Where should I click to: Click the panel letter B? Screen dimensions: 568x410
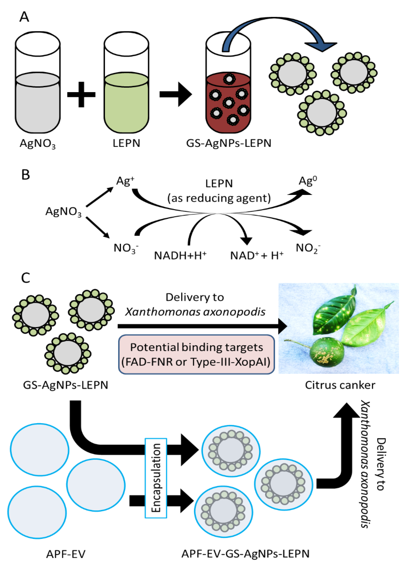(25, 175)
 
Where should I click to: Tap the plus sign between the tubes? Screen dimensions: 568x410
(81, 94)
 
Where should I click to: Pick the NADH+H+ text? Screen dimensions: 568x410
(180, 255)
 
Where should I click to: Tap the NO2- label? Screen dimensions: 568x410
(308, 248)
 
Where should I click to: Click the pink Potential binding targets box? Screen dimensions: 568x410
(196, 354)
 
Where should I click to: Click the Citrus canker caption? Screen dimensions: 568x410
(340, 385)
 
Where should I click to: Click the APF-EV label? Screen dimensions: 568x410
(66, 554)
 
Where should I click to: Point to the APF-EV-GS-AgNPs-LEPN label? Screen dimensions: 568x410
(245, 553)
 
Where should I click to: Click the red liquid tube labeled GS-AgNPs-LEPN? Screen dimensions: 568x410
(228, 105)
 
